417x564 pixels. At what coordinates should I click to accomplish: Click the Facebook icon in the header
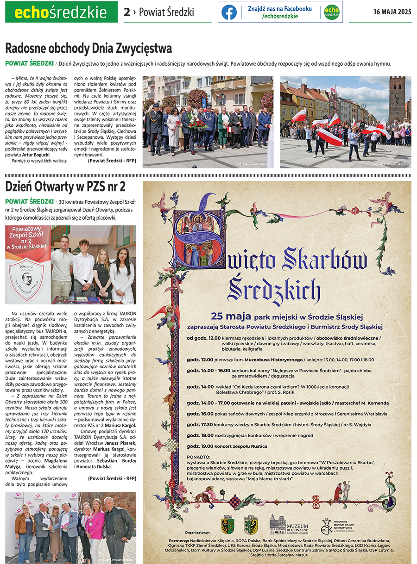pyautogui.click(x=229, y=12)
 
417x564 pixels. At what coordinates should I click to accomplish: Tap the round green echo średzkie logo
pyautogui.click(x=331, y=12)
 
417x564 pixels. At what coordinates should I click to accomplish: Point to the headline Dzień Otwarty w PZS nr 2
pyautogui.click(x=65, y=186)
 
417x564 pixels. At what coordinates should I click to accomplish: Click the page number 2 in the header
pyautogui.click(x=126, y=12)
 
